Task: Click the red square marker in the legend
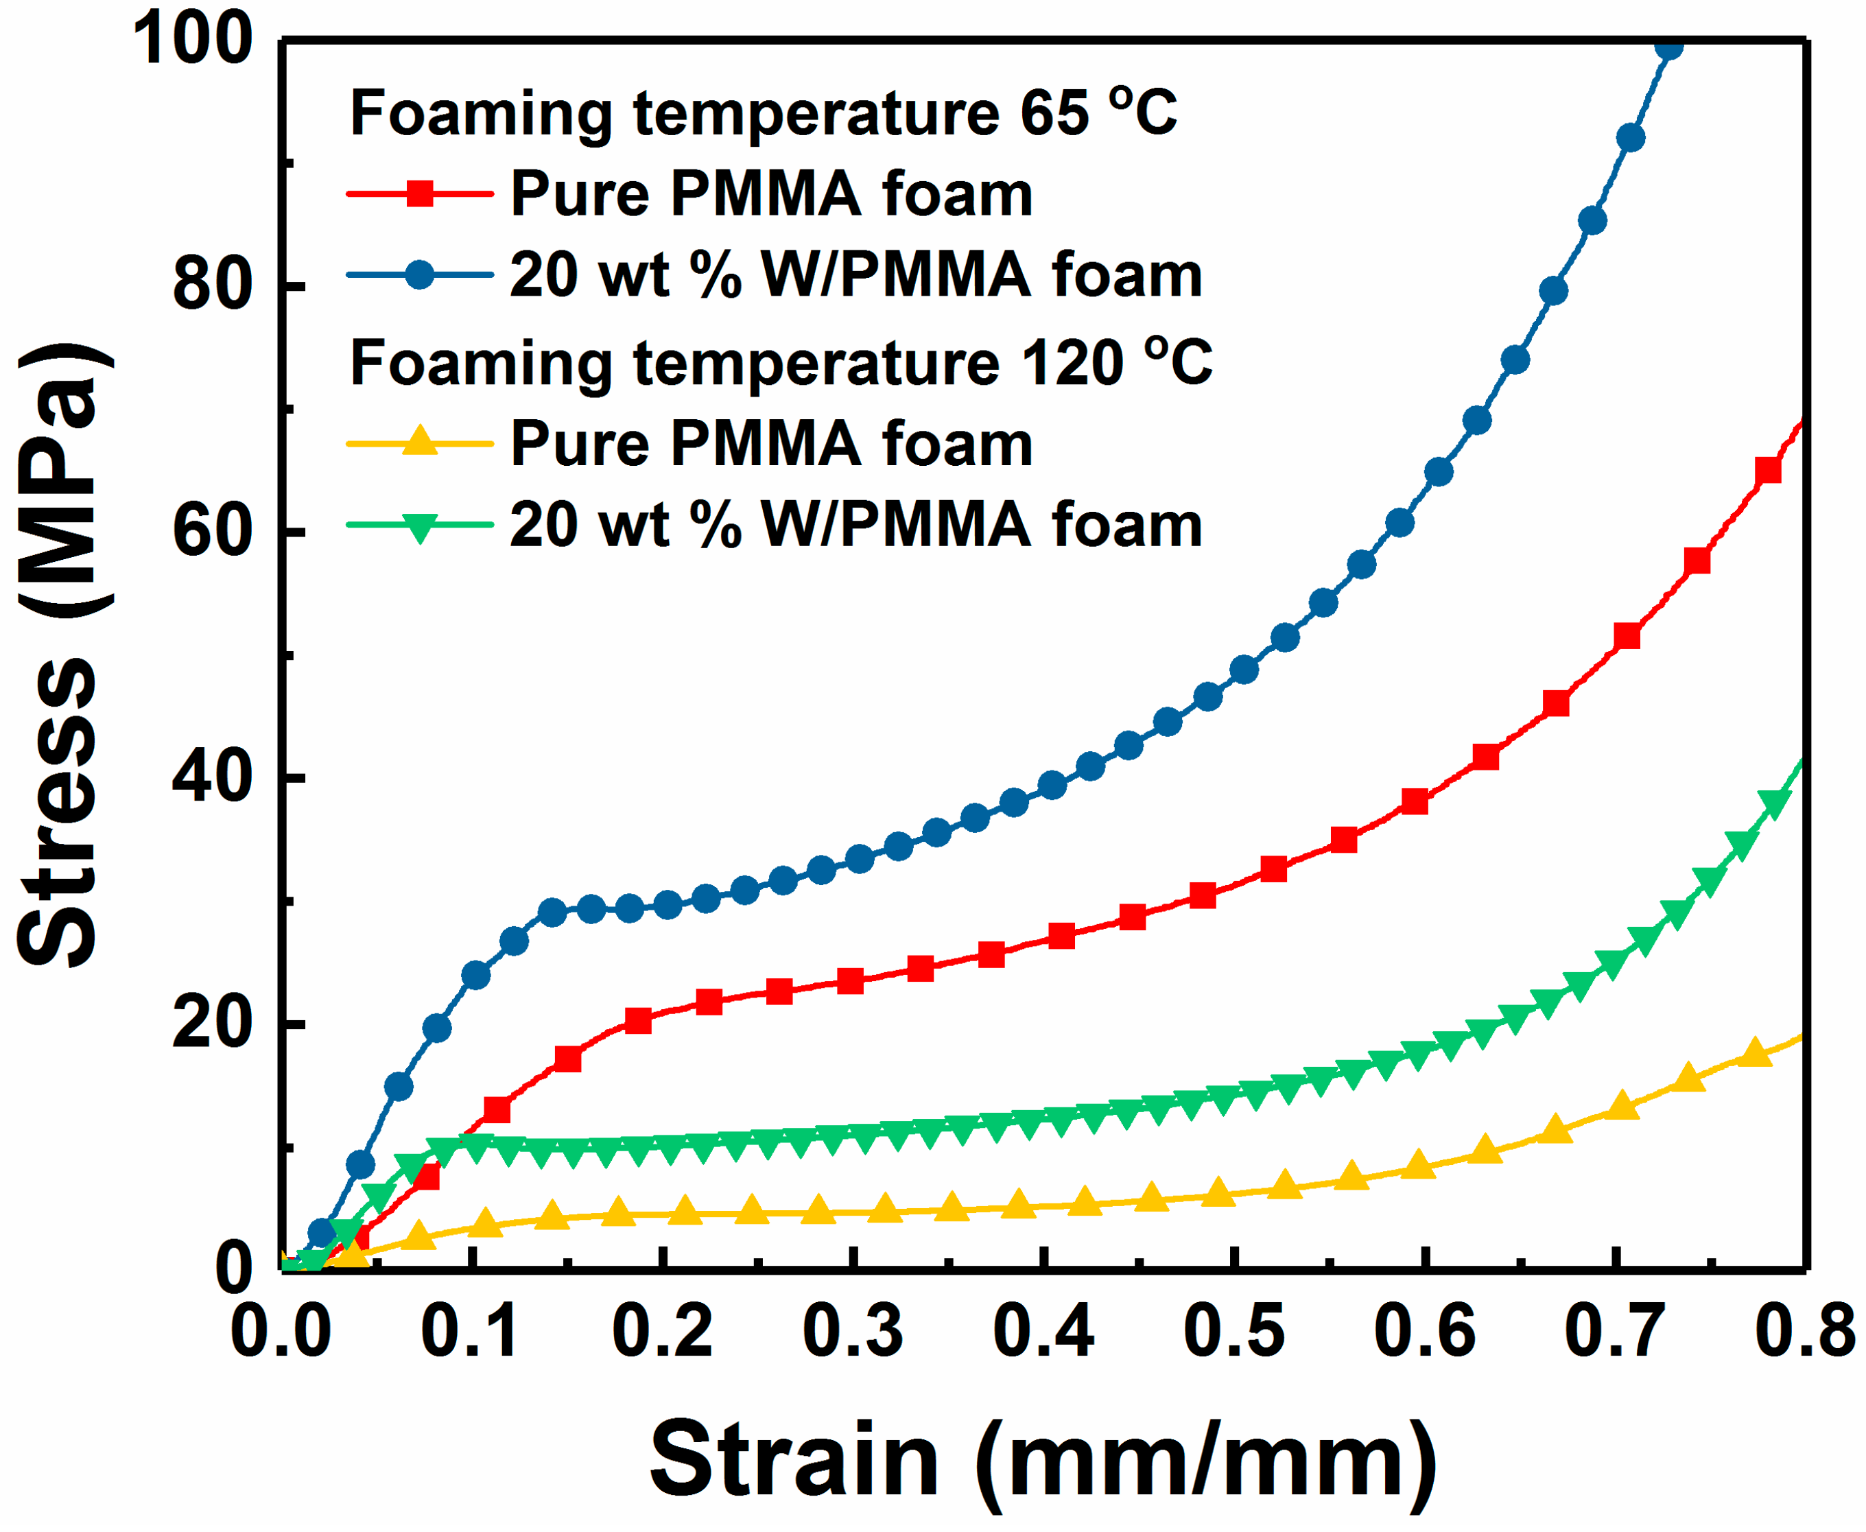[x=420, y=193]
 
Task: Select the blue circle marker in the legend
[x=420, y=274]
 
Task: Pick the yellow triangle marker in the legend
[x=420, y=440]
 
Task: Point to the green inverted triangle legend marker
[x=420, y=527]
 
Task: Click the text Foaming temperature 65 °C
[x=763, y=114]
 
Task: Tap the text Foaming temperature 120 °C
[x=781, y=363]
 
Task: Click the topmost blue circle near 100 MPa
[x=1668, y=46]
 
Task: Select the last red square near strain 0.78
[x=1768, y=471]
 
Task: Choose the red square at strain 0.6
[x=1415, y=801]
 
